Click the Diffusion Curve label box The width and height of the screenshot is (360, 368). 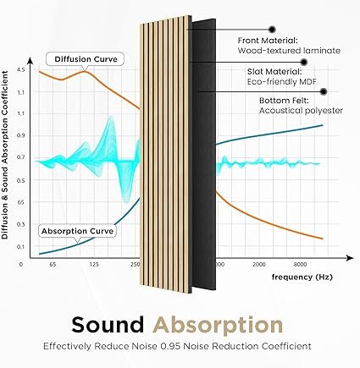coord(85,59)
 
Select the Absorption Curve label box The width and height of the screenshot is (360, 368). coord(77,231)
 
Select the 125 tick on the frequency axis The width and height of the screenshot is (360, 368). coord(94,265)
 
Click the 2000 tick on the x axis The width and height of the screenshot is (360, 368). coord(259,265)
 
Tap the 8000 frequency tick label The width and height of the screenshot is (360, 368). coord(300,265)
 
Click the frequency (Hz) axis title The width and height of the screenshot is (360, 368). coord(302,277)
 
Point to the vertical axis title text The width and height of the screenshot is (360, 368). coord(5,155)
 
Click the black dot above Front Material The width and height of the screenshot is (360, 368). coord(272,29)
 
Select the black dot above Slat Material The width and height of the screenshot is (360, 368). coord(304,62)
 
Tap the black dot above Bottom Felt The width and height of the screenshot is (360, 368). coord(324,91)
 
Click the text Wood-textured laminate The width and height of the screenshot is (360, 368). coord(289,51)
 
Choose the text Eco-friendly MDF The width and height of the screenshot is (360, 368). coord(282,82)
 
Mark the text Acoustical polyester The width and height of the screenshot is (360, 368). coord(301,111)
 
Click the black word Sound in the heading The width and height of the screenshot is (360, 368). coord(108,325)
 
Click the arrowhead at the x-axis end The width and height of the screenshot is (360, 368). coord(350,258)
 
